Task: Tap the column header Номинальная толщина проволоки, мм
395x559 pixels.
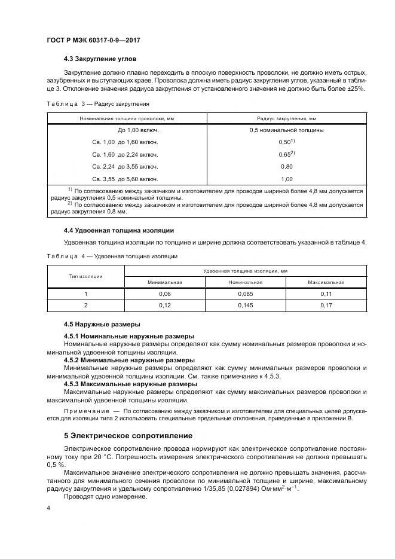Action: [x=126, y=118]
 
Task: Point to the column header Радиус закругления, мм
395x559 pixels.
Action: [x=286, y=118]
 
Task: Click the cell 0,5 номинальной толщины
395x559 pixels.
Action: [x=286, y=130]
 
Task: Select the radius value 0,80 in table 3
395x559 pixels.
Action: [x=286, y=166]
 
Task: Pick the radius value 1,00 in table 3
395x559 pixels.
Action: [x=286, y=179]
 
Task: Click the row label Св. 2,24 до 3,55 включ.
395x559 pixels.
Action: [x=126, y=166]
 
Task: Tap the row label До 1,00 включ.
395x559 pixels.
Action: [x=126, y=130]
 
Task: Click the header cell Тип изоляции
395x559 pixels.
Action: [x=85, y=276]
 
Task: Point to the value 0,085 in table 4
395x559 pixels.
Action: [x=246, y=294]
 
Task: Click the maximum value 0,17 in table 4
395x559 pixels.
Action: [x=326, y=306]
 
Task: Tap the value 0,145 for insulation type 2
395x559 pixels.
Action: [x=246, y=306]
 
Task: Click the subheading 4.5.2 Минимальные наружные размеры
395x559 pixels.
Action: [x=129, y=361]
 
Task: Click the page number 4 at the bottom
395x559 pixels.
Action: [x=48, y=508]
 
